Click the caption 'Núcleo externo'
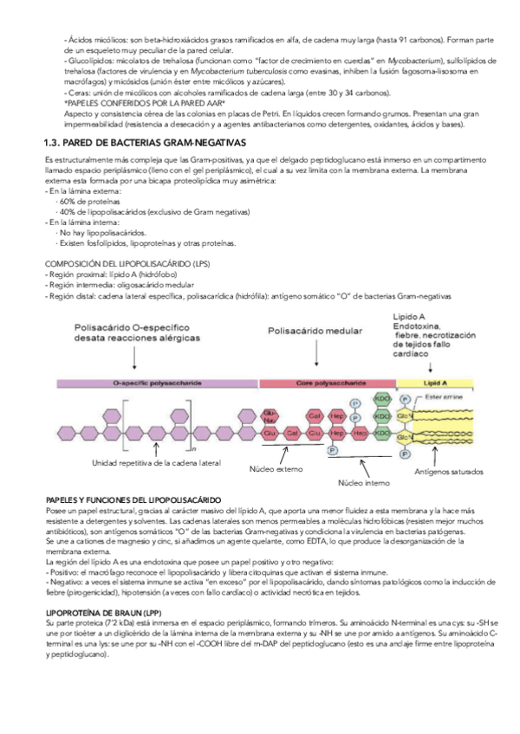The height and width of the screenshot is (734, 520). click(276, 468)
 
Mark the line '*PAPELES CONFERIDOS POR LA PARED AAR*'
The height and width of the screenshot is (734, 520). click(145, 103)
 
